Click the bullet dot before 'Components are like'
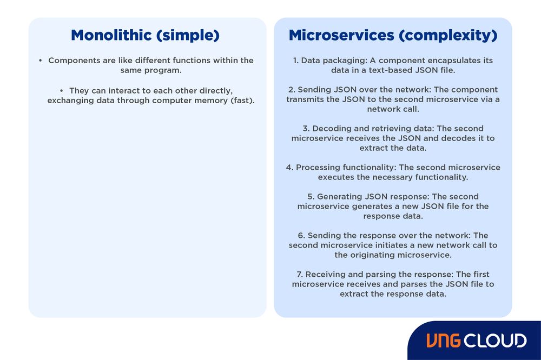click(41, 61)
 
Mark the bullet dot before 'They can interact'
click(62, 91)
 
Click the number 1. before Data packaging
click(296, 61)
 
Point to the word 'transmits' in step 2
click(305, 99)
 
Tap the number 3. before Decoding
click(306, 129)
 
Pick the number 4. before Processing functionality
click(289, 168)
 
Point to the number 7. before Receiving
click(301, 275)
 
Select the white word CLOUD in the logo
click(495, 341)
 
